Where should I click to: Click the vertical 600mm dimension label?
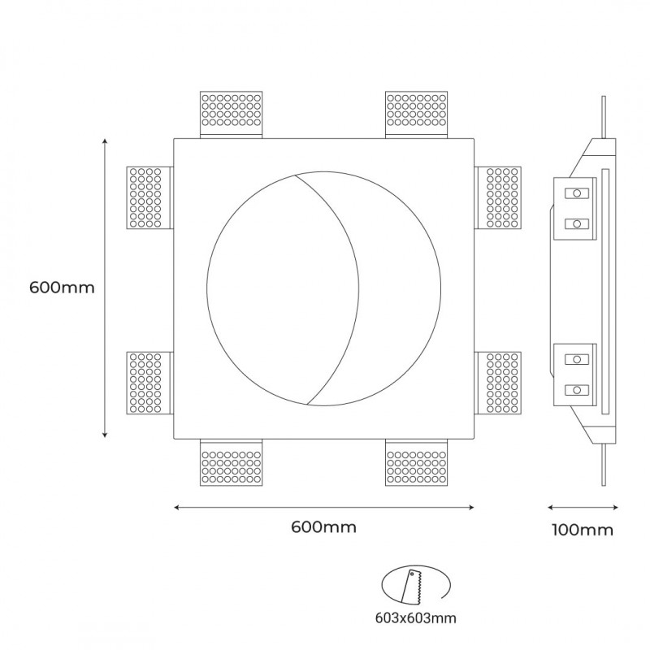click(x=62, y=288)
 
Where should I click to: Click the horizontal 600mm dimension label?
click(x=323, y=526)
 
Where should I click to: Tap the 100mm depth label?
click(x=582, y=531)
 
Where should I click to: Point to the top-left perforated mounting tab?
click(x=232, y=114)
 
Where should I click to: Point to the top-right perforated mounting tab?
click(x=417, y=114)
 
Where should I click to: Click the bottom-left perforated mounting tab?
click(x=232, y=463)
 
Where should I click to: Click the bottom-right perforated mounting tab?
click(x=417, y=463)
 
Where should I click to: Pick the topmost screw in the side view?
click(x=577, y=193)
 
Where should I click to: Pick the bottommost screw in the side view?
click(x=577, y=388)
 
